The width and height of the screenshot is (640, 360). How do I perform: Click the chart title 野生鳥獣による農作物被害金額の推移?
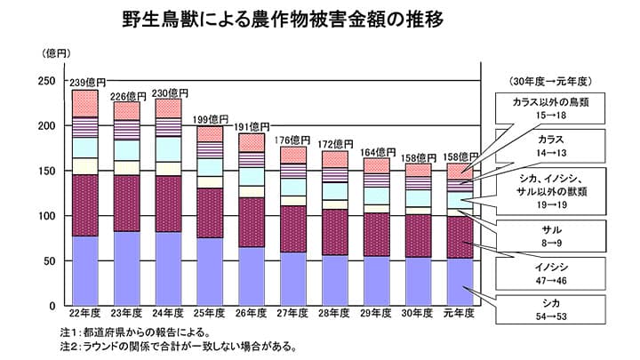pos(284,19)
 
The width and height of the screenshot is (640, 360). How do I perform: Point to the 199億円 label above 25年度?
pos(212,118)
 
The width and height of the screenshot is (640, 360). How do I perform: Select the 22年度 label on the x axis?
pos(84,314)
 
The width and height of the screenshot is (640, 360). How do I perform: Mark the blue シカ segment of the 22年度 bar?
pos(85,270)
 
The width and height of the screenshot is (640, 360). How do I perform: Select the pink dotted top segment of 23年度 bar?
pos(127,111)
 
